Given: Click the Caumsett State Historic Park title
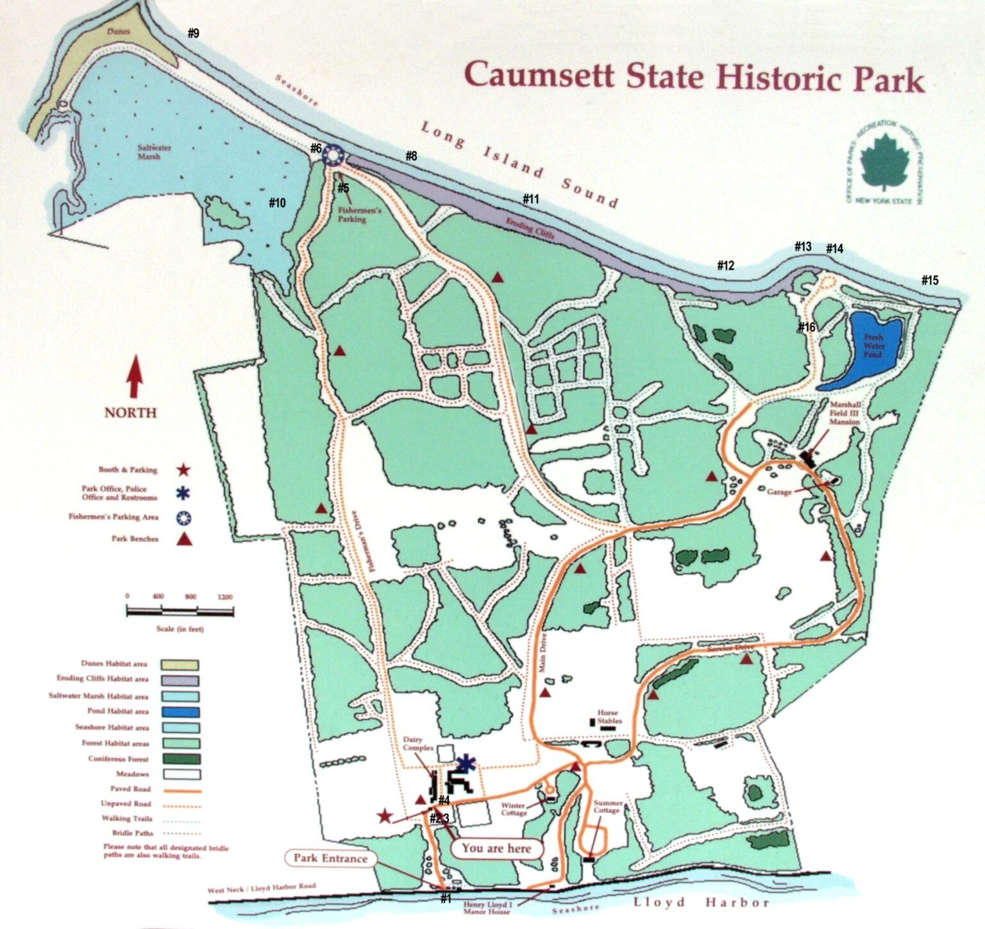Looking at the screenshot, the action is pyautogui.click(x=694, y=76).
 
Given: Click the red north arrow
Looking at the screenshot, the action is pyautogui.click(x=134, y=377).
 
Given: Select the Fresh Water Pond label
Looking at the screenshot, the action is pyautogui.click(x=873, y=345).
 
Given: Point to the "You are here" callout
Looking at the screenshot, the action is pyautogui.click(x=496, y=848).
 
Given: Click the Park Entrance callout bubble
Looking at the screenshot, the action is pyautogui.click(x=330, y=858).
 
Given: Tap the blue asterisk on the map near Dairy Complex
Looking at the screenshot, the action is pyautogui.click(x=467, y=763).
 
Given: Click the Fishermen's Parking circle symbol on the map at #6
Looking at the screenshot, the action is pyautogui.click(x=333, y=155).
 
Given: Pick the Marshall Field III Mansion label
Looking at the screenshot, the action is pyautogui.click(x=845, y=413).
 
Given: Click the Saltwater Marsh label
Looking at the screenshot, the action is pyautogui.click(x=154, y=151).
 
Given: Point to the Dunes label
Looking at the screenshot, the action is pyautogui.click(x=119, y=31).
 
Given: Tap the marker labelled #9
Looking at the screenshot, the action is pyautogui.click(x=193, y=33).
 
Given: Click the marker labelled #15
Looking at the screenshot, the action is pyautogui.click(x=929, y=280).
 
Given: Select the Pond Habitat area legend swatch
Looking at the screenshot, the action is pyautogui.click(x=180, y=712).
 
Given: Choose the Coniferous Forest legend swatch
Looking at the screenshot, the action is pyautogui.click(x=180, y=759).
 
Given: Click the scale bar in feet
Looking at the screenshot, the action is pyautogui.click(x=180, y=611).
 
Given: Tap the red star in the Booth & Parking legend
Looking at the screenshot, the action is pyautogui.click(x=183, y=470).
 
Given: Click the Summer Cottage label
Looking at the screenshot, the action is pyautogui.click(x=607, y=806).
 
